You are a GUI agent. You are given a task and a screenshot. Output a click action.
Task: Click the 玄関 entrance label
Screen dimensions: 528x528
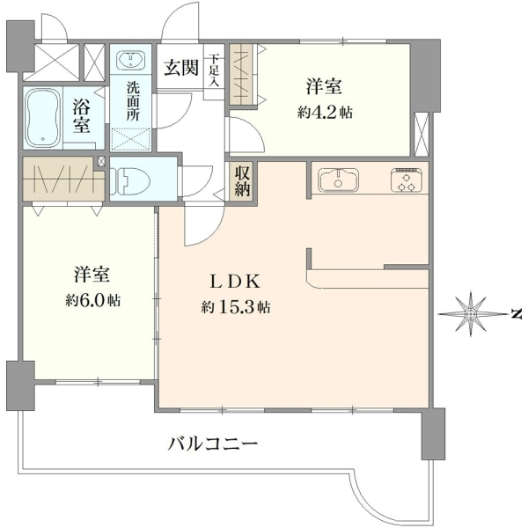(180, 68)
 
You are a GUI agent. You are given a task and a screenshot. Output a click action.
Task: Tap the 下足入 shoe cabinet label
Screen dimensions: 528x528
(214, 70)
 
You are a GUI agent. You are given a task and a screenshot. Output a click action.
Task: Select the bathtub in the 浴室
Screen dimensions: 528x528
(43, 118)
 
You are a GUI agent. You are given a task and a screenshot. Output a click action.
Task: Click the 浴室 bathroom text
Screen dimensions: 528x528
(82, 117)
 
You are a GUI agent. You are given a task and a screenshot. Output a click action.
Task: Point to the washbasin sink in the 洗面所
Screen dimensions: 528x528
(130, 60)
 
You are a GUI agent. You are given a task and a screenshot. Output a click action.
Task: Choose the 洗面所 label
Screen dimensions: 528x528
(133, 102)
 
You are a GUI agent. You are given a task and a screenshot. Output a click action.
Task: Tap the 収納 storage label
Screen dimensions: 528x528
(243, 181)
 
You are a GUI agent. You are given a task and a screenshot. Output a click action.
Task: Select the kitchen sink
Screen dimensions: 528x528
(339, 180)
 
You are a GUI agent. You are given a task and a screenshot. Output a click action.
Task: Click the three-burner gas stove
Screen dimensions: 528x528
(406, 180)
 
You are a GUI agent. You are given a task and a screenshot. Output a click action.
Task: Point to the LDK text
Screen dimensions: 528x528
(235, 282)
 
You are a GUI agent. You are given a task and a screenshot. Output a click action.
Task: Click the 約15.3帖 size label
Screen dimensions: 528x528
(235, 307)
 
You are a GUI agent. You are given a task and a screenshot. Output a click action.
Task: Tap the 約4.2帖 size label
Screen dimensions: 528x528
(325, 113)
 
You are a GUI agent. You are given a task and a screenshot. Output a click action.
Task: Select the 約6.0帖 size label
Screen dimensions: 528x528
(93, 299)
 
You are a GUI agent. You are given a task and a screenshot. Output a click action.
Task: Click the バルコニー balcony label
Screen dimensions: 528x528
(212, 444)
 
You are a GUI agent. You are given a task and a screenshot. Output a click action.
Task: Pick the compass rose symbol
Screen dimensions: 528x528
(471, 314)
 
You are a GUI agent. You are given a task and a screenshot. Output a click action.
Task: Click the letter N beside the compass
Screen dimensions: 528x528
(515, 314)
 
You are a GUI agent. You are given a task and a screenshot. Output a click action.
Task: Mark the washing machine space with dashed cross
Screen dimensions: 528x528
(130, 139)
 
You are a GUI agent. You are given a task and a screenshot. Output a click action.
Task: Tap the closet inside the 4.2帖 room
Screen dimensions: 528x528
(244, 74)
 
